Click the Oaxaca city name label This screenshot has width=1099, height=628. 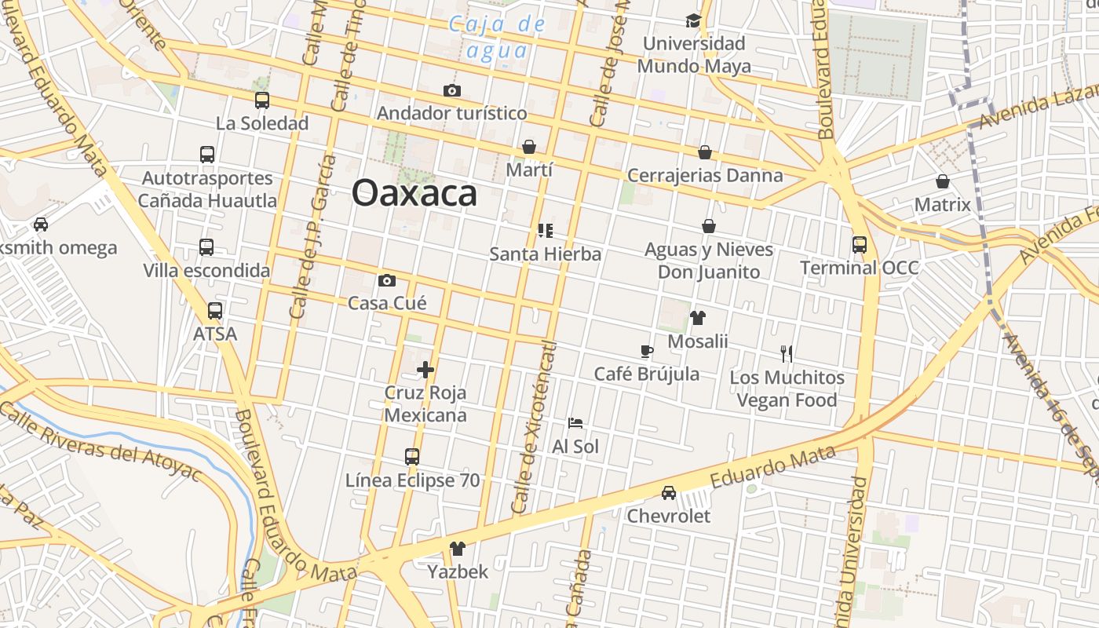(x=414, y=193)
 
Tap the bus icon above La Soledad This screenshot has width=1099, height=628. (x=262, y=100)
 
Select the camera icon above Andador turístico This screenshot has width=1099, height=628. (x=451, y=90)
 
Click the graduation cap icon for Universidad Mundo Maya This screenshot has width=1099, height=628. (x=693, y=20)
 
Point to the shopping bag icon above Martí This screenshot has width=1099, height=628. (x=529, y=147)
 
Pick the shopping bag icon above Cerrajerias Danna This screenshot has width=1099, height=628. (x=705, y=152)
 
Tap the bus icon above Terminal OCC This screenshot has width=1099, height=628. (x=860, y=245)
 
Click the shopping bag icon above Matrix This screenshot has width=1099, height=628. (x=943, y=182)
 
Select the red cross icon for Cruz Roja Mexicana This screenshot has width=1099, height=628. (x=425, y=370)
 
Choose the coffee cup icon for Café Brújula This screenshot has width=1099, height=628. (x=646, y=351)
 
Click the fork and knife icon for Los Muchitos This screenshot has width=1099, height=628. (x=787, y=354)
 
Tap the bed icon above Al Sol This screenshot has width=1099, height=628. (x=575, y=423)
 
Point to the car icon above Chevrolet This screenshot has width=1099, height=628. (x=668, y=493)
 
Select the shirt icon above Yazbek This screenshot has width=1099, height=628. (x=457, y=549)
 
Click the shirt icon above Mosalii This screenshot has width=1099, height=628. (x=697, y=318)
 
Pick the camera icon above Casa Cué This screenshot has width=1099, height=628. (x=387, y=280)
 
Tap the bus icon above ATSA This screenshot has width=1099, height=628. (x=215, y=311)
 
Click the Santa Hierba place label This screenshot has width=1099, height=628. (x=545, y=254)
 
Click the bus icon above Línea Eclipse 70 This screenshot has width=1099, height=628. (x=412, y=457)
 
